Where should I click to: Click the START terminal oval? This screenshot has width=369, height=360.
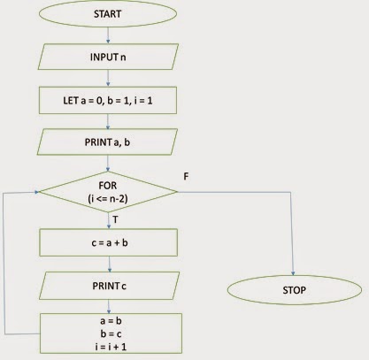[x=108, y=15]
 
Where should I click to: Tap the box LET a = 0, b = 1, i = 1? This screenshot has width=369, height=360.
[x=108, y=98]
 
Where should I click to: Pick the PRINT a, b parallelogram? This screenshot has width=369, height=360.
[x=108, y=142]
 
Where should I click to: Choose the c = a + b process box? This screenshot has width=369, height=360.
[x=108, y=241]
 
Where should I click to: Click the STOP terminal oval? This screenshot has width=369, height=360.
[x=296, y=290]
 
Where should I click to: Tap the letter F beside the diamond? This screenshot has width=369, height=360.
[x=185, y=177]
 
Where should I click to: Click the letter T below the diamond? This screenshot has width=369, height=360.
[x=115, y=218]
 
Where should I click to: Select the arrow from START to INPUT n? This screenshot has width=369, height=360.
[x=108, y=34]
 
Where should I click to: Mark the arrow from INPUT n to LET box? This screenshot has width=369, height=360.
[x=108, y=77]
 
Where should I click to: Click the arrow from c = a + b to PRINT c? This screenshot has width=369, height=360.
[x=108, y=263]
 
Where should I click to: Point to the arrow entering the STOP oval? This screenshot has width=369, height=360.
[x=296, y=265]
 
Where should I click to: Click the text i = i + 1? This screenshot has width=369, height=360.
[x=108, y=345]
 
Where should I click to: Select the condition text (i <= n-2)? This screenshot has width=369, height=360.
[x=108, y=195]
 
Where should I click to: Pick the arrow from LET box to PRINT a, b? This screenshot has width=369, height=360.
[x=108, y=119]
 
